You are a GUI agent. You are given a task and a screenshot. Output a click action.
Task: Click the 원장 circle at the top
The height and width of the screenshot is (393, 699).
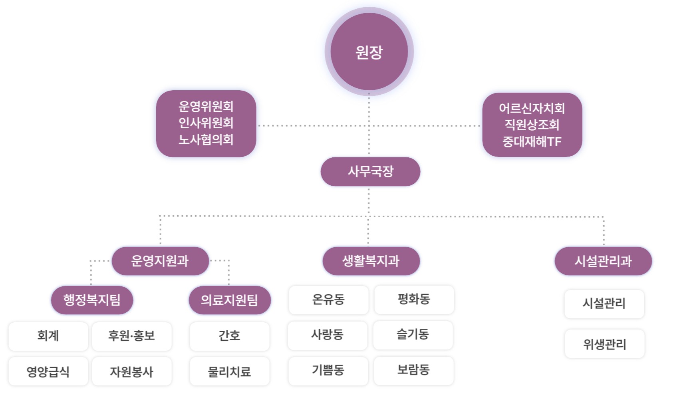coord(369,52)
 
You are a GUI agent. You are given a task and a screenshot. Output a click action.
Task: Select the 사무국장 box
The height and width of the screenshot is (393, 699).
coord(370,171)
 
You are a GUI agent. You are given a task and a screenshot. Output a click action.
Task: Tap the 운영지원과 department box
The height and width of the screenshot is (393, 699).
coord(160,261)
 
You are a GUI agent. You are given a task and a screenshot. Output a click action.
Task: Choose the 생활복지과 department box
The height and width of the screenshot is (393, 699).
coord(371,261)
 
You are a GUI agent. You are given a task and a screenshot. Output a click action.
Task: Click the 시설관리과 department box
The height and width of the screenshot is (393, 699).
coord(603,261)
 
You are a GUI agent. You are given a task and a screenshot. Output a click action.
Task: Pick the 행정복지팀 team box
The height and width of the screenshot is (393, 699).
coord(92,300)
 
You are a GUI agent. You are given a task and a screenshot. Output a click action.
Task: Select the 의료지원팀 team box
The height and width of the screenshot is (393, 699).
coord(230,300)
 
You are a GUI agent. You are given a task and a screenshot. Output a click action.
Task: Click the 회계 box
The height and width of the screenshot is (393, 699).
coord(48,336)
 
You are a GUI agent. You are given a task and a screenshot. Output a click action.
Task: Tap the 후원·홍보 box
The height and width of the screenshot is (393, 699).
coord(132,336)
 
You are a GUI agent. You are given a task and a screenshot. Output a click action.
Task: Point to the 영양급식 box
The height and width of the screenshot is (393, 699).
coord(48,371)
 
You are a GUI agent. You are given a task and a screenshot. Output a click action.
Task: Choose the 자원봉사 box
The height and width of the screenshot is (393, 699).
coord(132,371)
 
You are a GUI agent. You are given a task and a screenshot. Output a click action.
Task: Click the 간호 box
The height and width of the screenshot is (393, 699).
coord(230,336)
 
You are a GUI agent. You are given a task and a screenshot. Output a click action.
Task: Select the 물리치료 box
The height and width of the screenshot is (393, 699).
coord(230,371)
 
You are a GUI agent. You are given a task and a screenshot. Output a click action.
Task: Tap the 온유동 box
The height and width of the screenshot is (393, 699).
coord(328,300)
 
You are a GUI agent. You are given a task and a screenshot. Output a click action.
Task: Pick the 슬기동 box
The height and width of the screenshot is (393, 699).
coord(413,335)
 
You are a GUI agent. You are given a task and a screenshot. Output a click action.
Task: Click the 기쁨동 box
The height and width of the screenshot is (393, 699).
coord(328,371)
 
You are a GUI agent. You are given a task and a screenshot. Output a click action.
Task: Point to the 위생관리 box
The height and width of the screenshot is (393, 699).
coord(604,344)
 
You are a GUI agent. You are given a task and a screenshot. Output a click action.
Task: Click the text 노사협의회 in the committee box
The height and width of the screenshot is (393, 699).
coord(206,139)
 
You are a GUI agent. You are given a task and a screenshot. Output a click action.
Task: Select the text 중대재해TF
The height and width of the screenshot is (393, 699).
coord(532,141)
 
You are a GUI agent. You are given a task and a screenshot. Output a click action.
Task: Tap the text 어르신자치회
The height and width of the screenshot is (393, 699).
coord(532,108)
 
